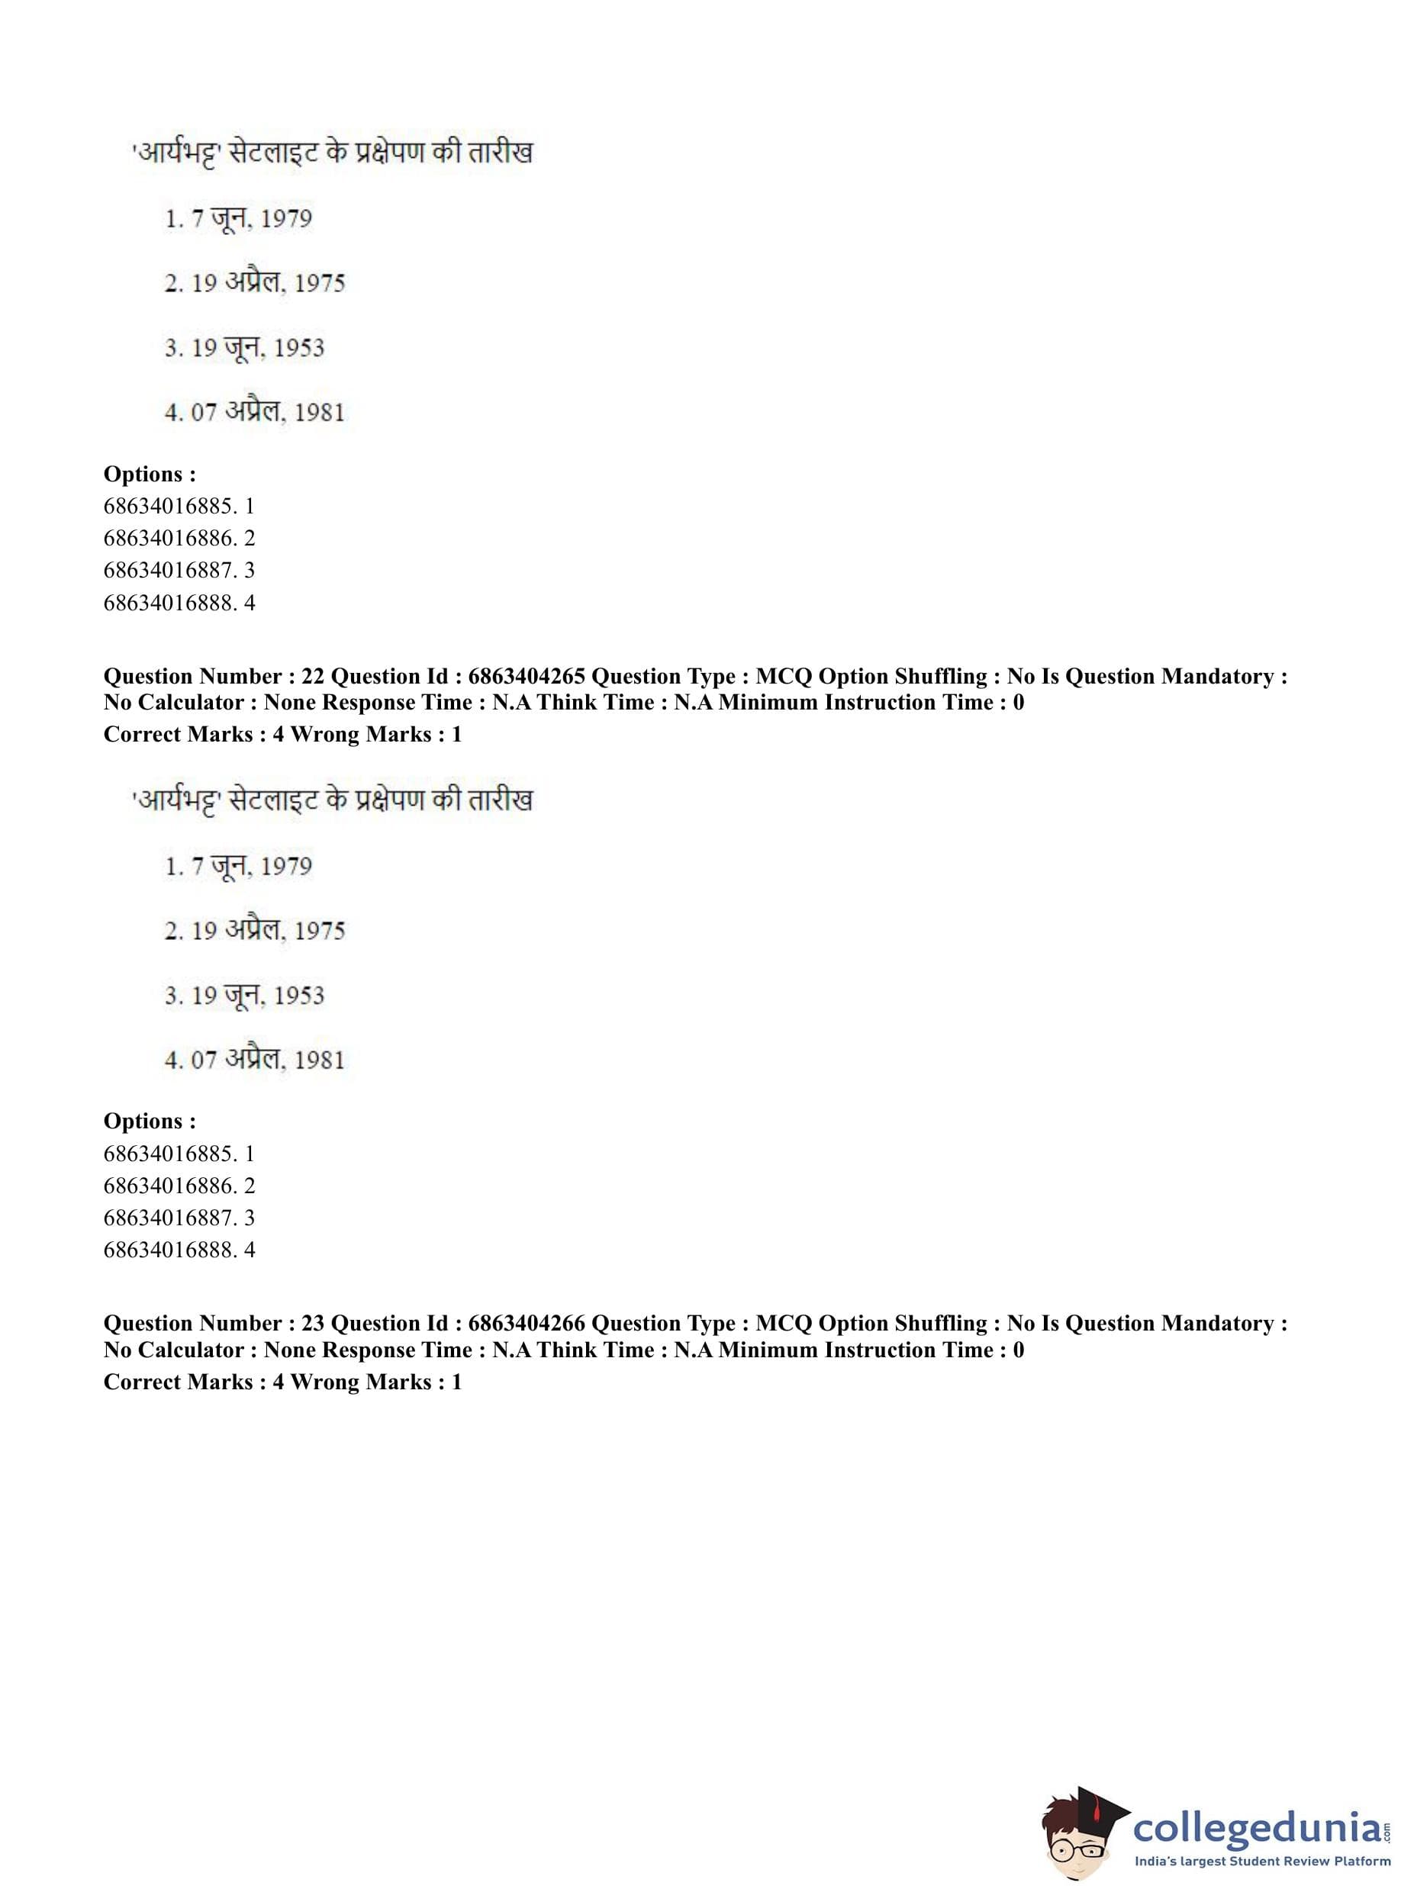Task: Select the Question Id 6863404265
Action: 526,677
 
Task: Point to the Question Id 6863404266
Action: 526,1324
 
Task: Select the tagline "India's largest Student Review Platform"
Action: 1263,1862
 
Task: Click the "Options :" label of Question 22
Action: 150,1121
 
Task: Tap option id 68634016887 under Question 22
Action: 169,1218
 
